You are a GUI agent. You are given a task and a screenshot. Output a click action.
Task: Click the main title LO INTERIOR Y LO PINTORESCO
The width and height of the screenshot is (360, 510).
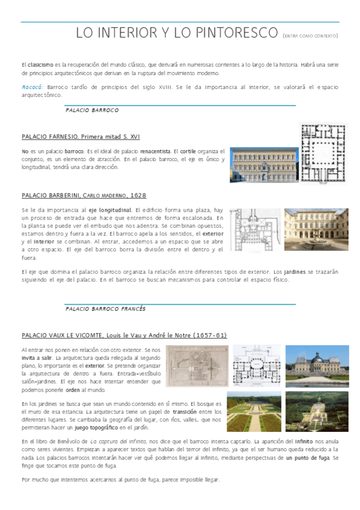[x=177, y=34]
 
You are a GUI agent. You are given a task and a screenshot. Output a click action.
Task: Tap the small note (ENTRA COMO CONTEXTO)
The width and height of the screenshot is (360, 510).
[x=310, y=36]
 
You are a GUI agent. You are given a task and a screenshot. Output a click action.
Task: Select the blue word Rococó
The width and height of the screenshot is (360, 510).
[x=31, y=87]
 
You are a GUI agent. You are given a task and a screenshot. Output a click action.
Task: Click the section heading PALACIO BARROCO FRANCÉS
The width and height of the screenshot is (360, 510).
[x=105, y=309]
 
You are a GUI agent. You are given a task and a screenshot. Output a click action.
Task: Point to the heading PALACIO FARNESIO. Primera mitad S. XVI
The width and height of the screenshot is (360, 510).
[x=81, y=137]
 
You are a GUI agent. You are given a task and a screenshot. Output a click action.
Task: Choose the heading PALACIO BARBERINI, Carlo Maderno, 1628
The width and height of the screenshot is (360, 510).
[x=84, y=195]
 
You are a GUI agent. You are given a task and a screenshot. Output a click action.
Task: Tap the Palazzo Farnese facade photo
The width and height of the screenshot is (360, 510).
[x=263, y=165]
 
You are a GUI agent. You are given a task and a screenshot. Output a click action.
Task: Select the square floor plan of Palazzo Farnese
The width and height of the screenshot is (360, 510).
[x=323, y=153]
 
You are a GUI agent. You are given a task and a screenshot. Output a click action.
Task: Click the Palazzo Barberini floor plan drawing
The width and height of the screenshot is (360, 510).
[x=255, y=230]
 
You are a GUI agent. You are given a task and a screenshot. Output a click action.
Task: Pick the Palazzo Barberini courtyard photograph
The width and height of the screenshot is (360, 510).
[x=316, y=230]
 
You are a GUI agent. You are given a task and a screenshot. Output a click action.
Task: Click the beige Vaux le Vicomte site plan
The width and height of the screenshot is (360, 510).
[x=197, y=366]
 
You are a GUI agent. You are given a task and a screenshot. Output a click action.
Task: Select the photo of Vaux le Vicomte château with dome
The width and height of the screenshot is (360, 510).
[x=316, y=365]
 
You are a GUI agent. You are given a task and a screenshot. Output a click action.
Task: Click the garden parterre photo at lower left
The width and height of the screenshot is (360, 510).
[x=254, y=412]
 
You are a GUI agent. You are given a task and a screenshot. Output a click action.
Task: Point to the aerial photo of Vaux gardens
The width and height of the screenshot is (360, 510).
[x=316, y=411]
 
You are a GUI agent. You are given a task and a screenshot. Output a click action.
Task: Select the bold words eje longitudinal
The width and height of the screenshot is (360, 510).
[x=109, y=210]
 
